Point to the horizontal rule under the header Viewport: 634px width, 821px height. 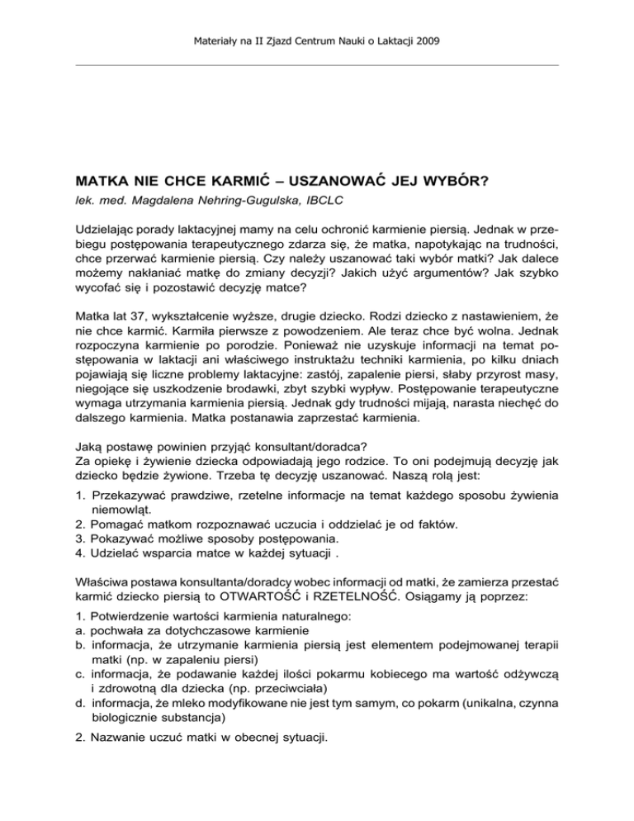[317, 64]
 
